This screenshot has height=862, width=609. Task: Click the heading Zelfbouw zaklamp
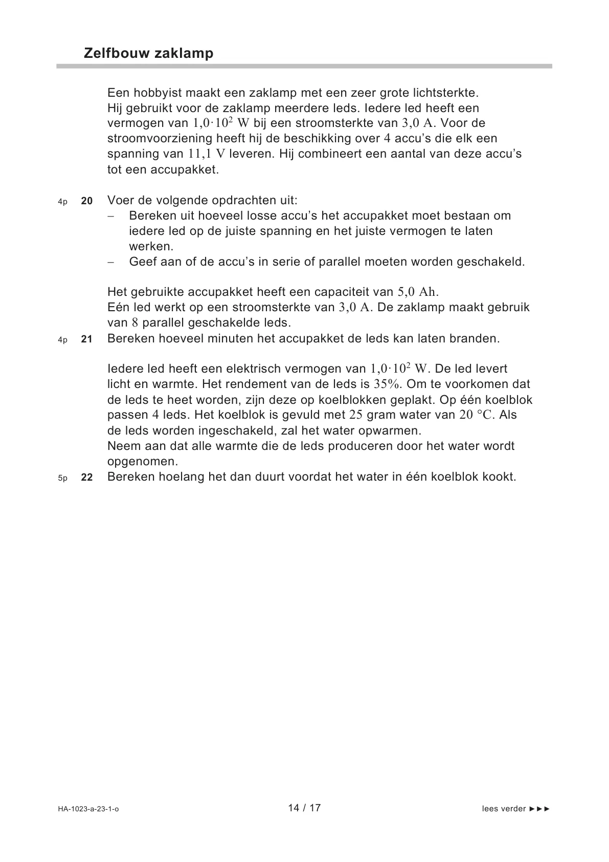148,53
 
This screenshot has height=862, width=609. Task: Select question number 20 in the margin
87,201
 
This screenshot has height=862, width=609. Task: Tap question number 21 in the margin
87,339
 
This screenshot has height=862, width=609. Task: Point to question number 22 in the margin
87,478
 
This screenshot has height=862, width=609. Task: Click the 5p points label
62,478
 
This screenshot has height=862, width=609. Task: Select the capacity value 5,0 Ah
418,292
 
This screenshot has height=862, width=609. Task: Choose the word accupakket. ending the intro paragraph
185,169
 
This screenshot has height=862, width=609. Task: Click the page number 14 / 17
304,808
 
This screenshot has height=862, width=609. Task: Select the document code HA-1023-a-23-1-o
88,809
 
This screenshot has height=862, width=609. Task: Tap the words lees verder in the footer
504,809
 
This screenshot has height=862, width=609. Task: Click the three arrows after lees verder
540,809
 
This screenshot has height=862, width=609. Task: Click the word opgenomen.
143,462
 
